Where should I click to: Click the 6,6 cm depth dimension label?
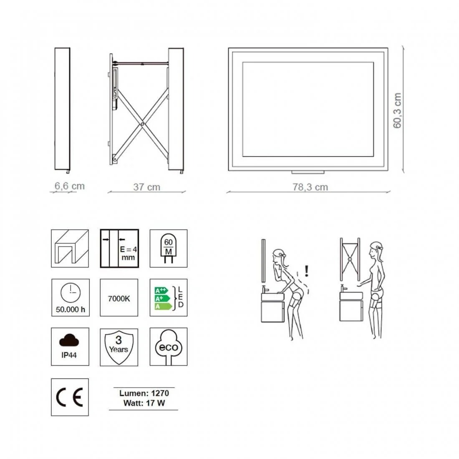tap(70, 186)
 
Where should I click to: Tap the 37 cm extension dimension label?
tap(146, 187)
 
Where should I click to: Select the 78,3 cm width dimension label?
tap(310, 187)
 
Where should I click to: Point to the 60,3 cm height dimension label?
tap(397, 111)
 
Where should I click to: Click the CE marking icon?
tap(70, 397)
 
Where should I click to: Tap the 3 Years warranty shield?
tap(119, 347)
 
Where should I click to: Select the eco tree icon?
tap(168, 347)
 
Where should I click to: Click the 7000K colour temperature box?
tap(119, 298)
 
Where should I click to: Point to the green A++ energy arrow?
tap(161, 291)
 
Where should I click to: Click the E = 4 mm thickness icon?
tap(119, 248)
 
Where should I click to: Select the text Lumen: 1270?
tap(144, 393)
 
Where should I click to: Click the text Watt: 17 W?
tap(144, 403)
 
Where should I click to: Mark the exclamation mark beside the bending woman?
tap(307, 271)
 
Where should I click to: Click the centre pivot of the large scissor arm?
tap(142, 124)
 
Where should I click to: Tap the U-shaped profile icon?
tap(70, 248)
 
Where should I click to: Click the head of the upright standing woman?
tap(376, 250)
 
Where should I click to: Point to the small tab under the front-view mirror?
tap(308, 172)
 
